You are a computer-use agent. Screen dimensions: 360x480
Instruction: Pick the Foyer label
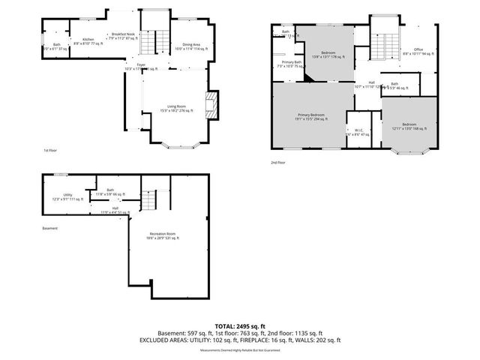[140, 65]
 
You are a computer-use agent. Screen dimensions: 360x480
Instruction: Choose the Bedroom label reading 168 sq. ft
[408, 125]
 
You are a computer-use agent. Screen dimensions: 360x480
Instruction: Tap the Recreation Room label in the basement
[163, 236]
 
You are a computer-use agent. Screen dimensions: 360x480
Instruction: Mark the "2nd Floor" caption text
[279, 161]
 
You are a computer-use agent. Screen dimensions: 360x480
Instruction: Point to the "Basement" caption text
[49, 229]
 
